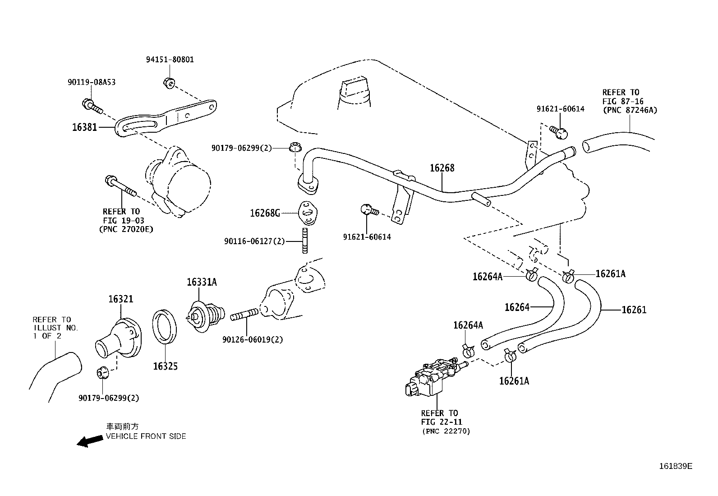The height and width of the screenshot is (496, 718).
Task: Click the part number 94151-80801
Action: point(170,60)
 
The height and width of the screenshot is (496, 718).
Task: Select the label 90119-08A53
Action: point(91,82)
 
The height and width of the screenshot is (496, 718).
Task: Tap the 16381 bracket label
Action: point(84,127)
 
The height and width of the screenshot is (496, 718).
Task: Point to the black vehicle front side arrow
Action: point(89,441)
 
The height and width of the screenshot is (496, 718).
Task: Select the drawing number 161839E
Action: point(675,466)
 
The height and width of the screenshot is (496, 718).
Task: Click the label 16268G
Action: point(265,213)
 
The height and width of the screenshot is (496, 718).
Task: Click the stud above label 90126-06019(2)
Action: point(244,314)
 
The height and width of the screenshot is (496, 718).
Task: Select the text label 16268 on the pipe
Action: point(442,168)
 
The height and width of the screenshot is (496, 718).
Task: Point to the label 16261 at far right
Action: point(634,310)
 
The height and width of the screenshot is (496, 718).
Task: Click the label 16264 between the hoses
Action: point(517,307)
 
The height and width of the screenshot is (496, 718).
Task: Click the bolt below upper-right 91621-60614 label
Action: point(559,131)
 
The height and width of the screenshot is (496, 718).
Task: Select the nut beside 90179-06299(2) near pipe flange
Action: point(295,147)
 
